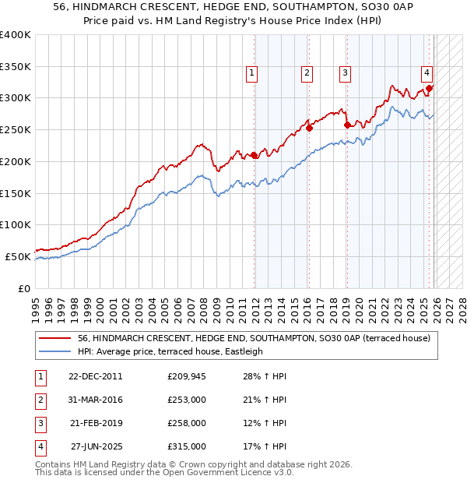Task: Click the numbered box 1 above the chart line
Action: [x=253, y=74]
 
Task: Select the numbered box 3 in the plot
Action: [x=344, y=74]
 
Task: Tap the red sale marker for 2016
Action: [x=309, y=129]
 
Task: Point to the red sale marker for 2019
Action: [x=347, y=125]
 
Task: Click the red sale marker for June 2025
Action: [x=429, y=89]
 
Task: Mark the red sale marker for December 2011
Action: [x=255, y=155]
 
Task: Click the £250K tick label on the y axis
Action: [x=15, y=129]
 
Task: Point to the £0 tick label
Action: [x=23, y=288]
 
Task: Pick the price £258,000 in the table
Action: [x=187, y=423]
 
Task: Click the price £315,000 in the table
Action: [x=187, y=446]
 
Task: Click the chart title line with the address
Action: [x=233, y=7]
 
